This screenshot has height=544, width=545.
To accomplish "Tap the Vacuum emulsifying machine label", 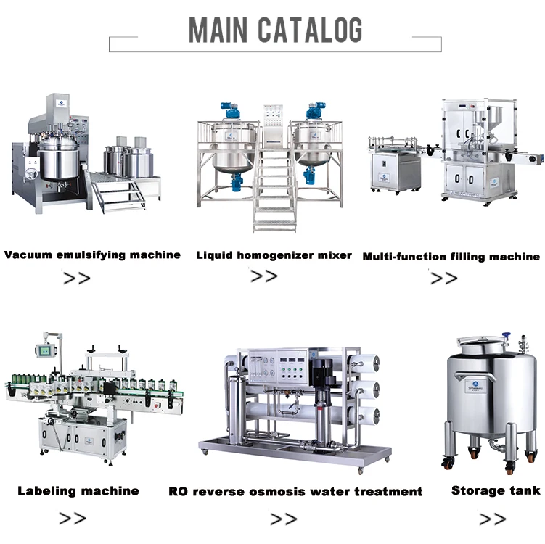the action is point(92,255).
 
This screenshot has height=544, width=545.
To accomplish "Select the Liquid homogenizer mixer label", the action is point(274,255).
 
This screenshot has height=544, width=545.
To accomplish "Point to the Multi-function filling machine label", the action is point(451,256).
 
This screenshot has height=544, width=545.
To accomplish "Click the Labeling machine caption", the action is point(78,491).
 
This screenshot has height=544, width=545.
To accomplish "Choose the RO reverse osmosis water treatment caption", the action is point(295,491).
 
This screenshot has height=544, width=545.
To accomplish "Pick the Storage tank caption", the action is point(496,491).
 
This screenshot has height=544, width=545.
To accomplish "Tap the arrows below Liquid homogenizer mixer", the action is point(263,276).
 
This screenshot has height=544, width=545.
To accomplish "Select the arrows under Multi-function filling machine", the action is point(443,279).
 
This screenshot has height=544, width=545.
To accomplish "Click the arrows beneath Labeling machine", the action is point(73,518).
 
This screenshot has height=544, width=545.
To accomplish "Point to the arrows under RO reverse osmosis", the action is point(283,519).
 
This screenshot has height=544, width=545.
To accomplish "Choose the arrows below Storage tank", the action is point(493,519).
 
